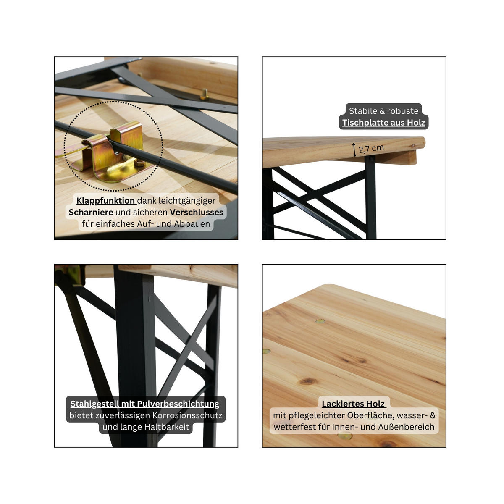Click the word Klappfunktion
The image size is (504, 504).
coord(105,201)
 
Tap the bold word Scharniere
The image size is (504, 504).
coord(91,213)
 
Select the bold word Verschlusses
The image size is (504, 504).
coord(197,213)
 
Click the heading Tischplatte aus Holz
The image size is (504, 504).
coord(383,123)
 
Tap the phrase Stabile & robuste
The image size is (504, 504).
coord(383,111)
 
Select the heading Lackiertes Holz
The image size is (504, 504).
coord(353,404)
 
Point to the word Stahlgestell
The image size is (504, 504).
coord(94,404)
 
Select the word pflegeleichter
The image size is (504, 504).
coord(315,415)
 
